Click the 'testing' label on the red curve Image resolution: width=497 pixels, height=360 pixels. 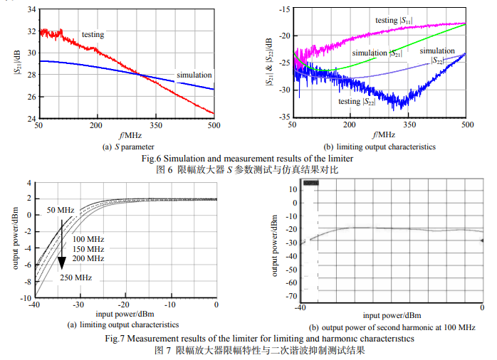click(93, 34)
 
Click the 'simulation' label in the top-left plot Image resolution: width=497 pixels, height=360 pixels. click(194, 75)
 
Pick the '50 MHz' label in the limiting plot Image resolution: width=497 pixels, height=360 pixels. click(61, 211)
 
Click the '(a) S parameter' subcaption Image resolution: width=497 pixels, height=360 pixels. click(125, 147)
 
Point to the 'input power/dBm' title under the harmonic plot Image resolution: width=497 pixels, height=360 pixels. click(391, 314)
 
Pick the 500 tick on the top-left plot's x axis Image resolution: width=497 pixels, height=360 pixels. click(214, 125)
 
